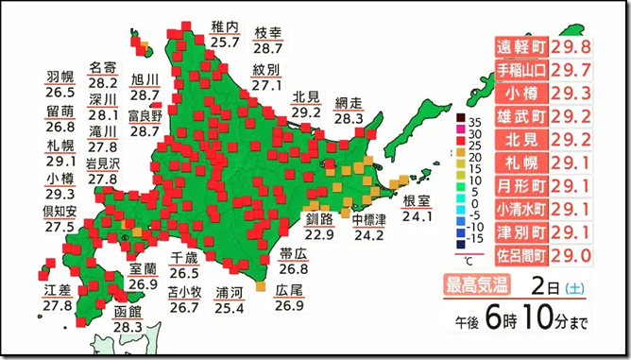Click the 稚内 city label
coord(225,26)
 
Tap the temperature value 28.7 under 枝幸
coord(268,47)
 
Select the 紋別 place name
coord(266,70)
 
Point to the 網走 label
coord(349,103)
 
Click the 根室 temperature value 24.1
coord(417,215)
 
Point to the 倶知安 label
coord(60,210)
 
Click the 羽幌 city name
coord(60,77)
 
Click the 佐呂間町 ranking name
coord(522,254)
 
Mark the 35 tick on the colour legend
coord(478,121)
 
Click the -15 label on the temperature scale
coord(477,240)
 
